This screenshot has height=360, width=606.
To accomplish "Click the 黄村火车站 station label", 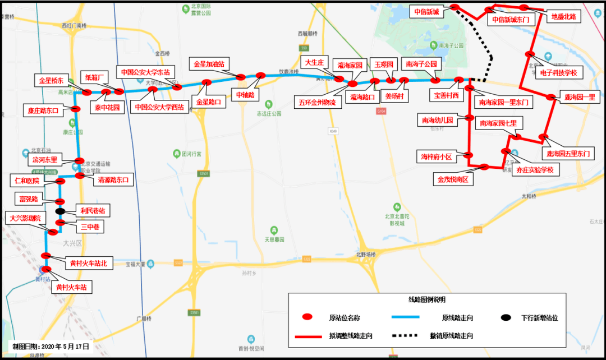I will point(72,288).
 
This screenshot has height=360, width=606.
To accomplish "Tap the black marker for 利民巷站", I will point(61,211).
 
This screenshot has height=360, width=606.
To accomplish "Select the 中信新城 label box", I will point(426,11).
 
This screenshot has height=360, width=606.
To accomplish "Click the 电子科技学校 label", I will point(558,73).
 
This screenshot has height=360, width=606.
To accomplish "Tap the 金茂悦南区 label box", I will point(453,180).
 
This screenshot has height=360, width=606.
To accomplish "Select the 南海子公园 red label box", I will point(421,64).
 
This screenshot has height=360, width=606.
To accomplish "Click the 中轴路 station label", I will point(245,95).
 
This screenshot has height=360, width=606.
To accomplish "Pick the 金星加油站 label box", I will point(209,64).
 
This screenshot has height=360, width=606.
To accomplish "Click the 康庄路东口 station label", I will point(44,110).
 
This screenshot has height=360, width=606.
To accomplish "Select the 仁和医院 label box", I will point(26,181).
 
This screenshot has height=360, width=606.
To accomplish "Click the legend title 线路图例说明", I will point(427,301).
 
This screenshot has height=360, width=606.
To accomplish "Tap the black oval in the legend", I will point(506,317).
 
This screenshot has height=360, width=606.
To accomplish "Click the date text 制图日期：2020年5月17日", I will point(50,346).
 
